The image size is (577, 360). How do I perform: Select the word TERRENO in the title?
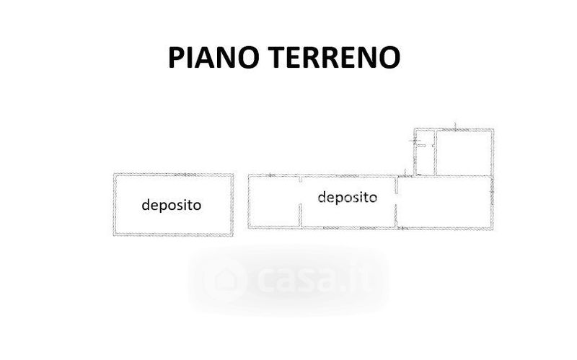338,56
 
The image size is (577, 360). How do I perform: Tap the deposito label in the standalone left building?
172,205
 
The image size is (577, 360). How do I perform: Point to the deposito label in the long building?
347,196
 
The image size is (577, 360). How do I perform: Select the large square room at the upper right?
465,152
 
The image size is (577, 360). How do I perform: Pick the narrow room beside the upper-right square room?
424,153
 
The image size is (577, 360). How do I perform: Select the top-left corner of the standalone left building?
114,174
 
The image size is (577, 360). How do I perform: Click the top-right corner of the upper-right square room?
495,130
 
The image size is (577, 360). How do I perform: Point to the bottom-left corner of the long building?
250,229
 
